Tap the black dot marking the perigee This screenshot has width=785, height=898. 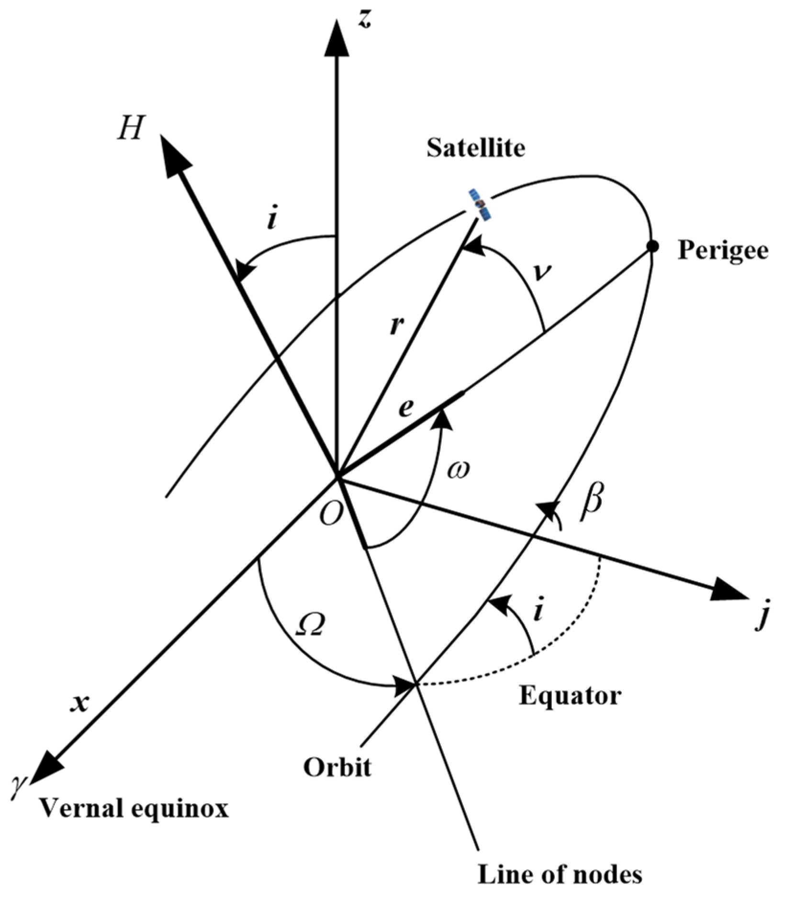coord(652,246)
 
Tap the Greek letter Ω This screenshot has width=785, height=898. coord(309,629)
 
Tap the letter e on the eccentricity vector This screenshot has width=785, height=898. coord(405,409)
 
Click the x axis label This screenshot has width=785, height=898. coord(79,703)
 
